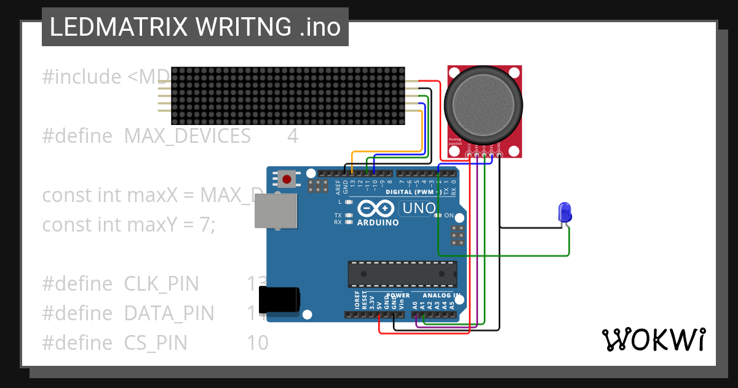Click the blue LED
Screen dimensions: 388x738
[x=564, y=212]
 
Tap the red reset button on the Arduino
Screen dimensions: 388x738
[x=287, y=180]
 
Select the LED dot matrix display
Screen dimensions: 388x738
[x=287, y=95]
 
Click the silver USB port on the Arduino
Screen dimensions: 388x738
[x=275, y=211]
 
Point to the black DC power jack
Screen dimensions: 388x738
[x=279, y=300]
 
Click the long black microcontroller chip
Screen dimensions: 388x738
[x=402, y=274]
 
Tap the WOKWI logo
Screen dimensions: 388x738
[x=654, y=340]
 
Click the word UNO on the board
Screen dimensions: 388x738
[x=419, y=209]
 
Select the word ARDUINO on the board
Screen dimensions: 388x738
[x=378, y=222]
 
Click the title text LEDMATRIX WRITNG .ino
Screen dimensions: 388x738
[x=195, y=27]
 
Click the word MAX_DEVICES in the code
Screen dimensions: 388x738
[x=187, y=135]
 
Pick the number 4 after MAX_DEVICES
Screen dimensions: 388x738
[x=293, y=135]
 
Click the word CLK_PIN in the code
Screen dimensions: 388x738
[x=161, y=284]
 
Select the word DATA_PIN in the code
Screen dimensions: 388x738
[x=169, y=313]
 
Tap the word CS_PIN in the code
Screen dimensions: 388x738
[x=156, y=342]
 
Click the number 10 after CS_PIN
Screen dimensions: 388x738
[x=258, y=342]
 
